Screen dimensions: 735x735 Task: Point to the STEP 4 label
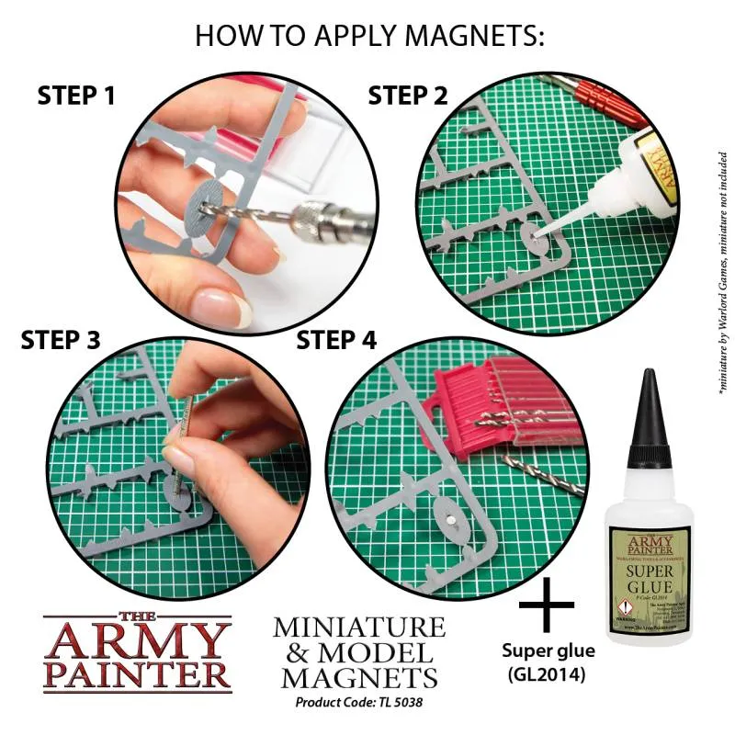pos(336,340)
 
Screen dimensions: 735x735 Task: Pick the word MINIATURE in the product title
pos(359,628)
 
